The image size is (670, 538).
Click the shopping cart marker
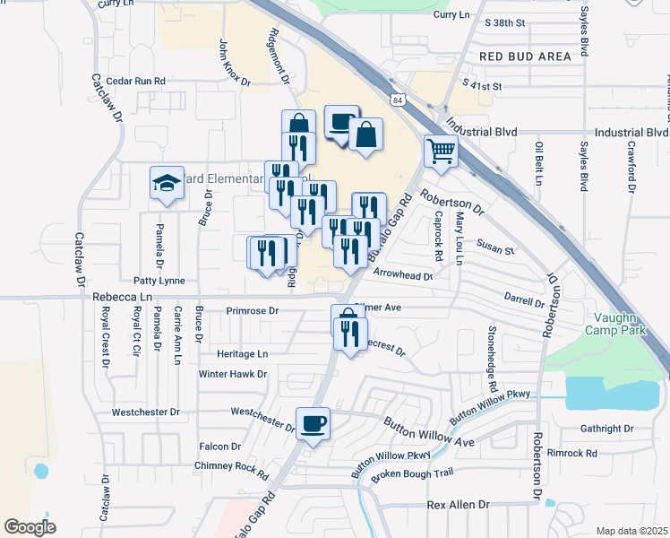pyautogui.click(x=441, y=151)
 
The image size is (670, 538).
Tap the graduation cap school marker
pyautogui.click(x=166, y=183)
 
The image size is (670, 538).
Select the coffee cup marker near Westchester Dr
pyautogui.click(x=313, y=423)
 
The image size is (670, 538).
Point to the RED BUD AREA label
pyautogui.click(x=525, y=56)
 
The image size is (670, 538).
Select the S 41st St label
pyautogui.click(x=483, y=85)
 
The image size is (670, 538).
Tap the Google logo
pyautogui.click(x=30, y=526)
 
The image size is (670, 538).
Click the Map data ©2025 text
pyautogui.click(x=632, y=531)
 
